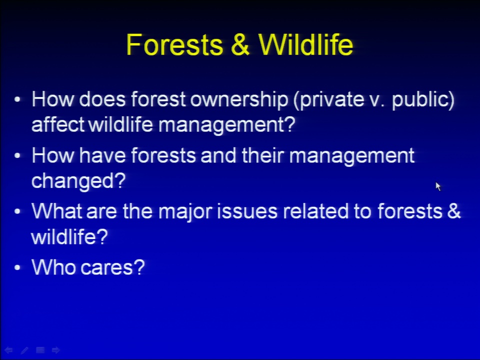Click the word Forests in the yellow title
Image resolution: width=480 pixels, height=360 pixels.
pyautogui.click(x=174, y=44)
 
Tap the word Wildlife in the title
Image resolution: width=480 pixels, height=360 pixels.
pyautogui.click(x=306, y=44)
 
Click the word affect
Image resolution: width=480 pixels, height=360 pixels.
pyautogui.click(x=58, y=124)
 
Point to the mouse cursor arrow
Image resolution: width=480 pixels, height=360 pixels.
pyautogui.click(x=438, y=186)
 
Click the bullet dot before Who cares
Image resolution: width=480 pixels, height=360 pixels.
pyautogui.click(x=17, y=267)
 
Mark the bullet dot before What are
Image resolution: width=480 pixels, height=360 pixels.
pyautogui.click(x=17, y=211)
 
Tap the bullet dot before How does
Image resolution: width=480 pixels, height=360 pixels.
pyautogui.click(x=17, y=99)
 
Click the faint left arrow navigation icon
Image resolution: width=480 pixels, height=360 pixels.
pyautogui.click(x=8, y=350)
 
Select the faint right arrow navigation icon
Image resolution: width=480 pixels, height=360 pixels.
pyautogui.click(x=55, y=350)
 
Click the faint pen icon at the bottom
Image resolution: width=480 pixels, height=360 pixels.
pyautogui.click(x=24, y=350)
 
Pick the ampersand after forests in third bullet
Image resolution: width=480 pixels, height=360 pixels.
pyautogui.click(x=453, y=211)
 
